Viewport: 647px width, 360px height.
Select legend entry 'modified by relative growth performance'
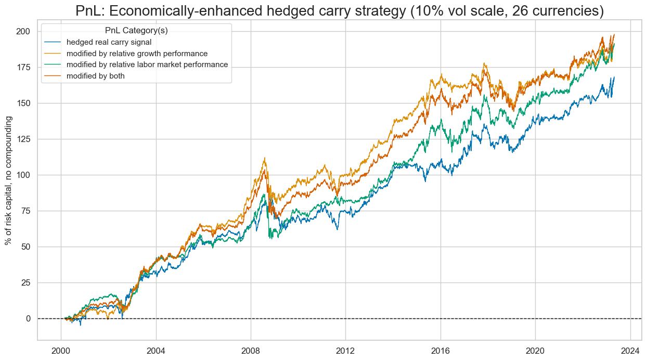[141, 54]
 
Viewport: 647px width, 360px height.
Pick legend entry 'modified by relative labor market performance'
[151, 65]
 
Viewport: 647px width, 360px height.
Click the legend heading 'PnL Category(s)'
[136, 31]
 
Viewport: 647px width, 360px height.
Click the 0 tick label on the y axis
[28, 318]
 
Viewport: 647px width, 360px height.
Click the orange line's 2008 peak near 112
[265, 158]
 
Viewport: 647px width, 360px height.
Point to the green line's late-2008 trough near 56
[269, 238]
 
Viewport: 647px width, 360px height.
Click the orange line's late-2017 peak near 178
[485, 63]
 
